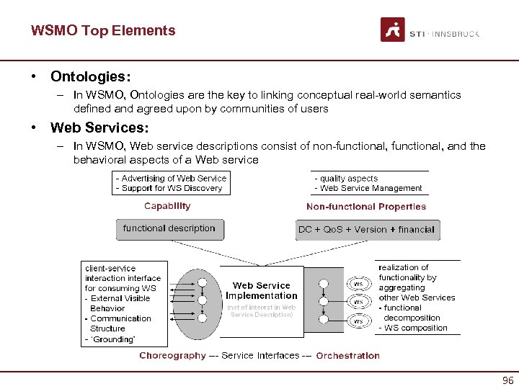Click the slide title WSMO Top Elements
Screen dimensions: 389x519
[x=103, y=30]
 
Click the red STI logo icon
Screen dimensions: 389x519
[x=392, y=30]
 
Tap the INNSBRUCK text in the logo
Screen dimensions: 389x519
[x=456, y=34]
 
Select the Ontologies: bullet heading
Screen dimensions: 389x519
[x=89, y=76]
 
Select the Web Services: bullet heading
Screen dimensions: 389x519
[x=99, y=128]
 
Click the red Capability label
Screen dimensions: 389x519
[x=167, y=206]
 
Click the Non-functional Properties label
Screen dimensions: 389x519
[x=366, y=207]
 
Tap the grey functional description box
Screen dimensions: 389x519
[x=169, y=229]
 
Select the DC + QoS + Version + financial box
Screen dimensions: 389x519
[x=366, y=230]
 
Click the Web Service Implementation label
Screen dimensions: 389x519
[x=261, y=290]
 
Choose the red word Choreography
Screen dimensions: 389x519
[x=172, y=355]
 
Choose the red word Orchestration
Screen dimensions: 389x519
[x=347, y=355]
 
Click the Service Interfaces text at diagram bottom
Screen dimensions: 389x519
[x=259, y=355]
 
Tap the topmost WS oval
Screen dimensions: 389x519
[x=358, y=284]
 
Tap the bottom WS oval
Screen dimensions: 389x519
[x=358, y=321]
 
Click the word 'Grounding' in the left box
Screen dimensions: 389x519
[x=112, y=339]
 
